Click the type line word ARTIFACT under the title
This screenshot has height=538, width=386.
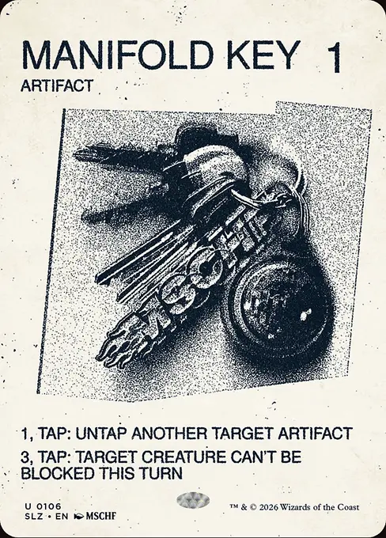click(57, 85)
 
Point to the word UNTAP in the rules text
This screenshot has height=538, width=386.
click(101, 434)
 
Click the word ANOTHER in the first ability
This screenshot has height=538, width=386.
click(170, 434)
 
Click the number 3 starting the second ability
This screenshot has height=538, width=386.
click(25, 457)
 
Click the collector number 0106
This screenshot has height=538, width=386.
click(49, 506)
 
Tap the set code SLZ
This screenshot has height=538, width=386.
click(34, 516)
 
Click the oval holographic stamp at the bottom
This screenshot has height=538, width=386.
click(193, 500)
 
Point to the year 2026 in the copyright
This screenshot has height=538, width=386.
click(269, 507)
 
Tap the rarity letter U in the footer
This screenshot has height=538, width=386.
click(27, 506)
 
